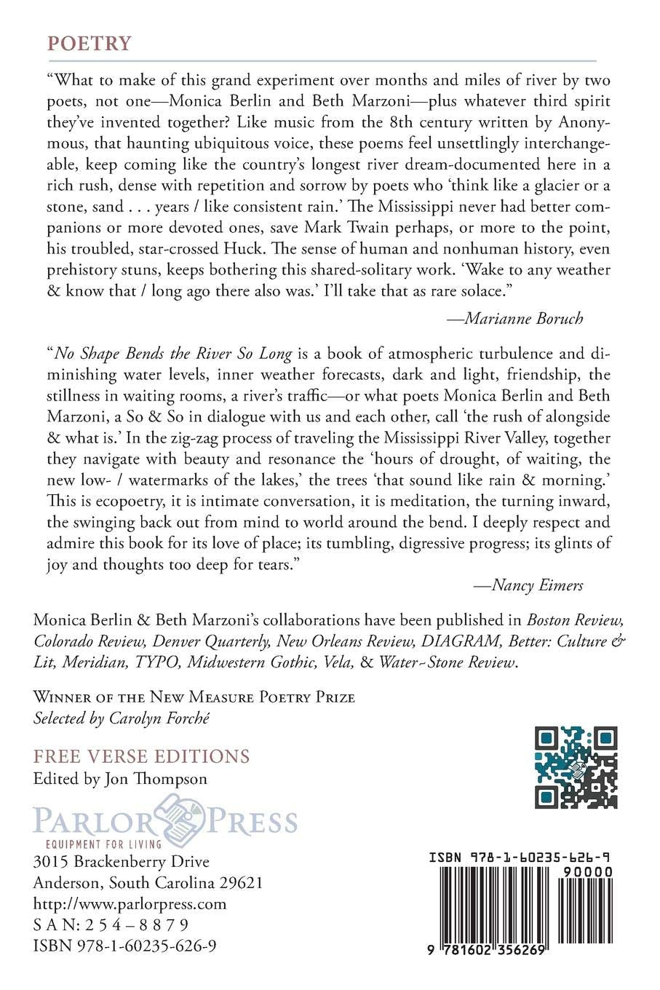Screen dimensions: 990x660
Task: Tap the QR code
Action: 576,767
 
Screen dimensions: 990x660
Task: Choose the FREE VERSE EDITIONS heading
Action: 142,756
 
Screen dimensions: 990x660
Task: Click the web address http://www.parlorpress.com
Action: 130,904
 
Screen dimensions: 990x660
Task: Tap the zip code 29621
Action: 239,883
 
